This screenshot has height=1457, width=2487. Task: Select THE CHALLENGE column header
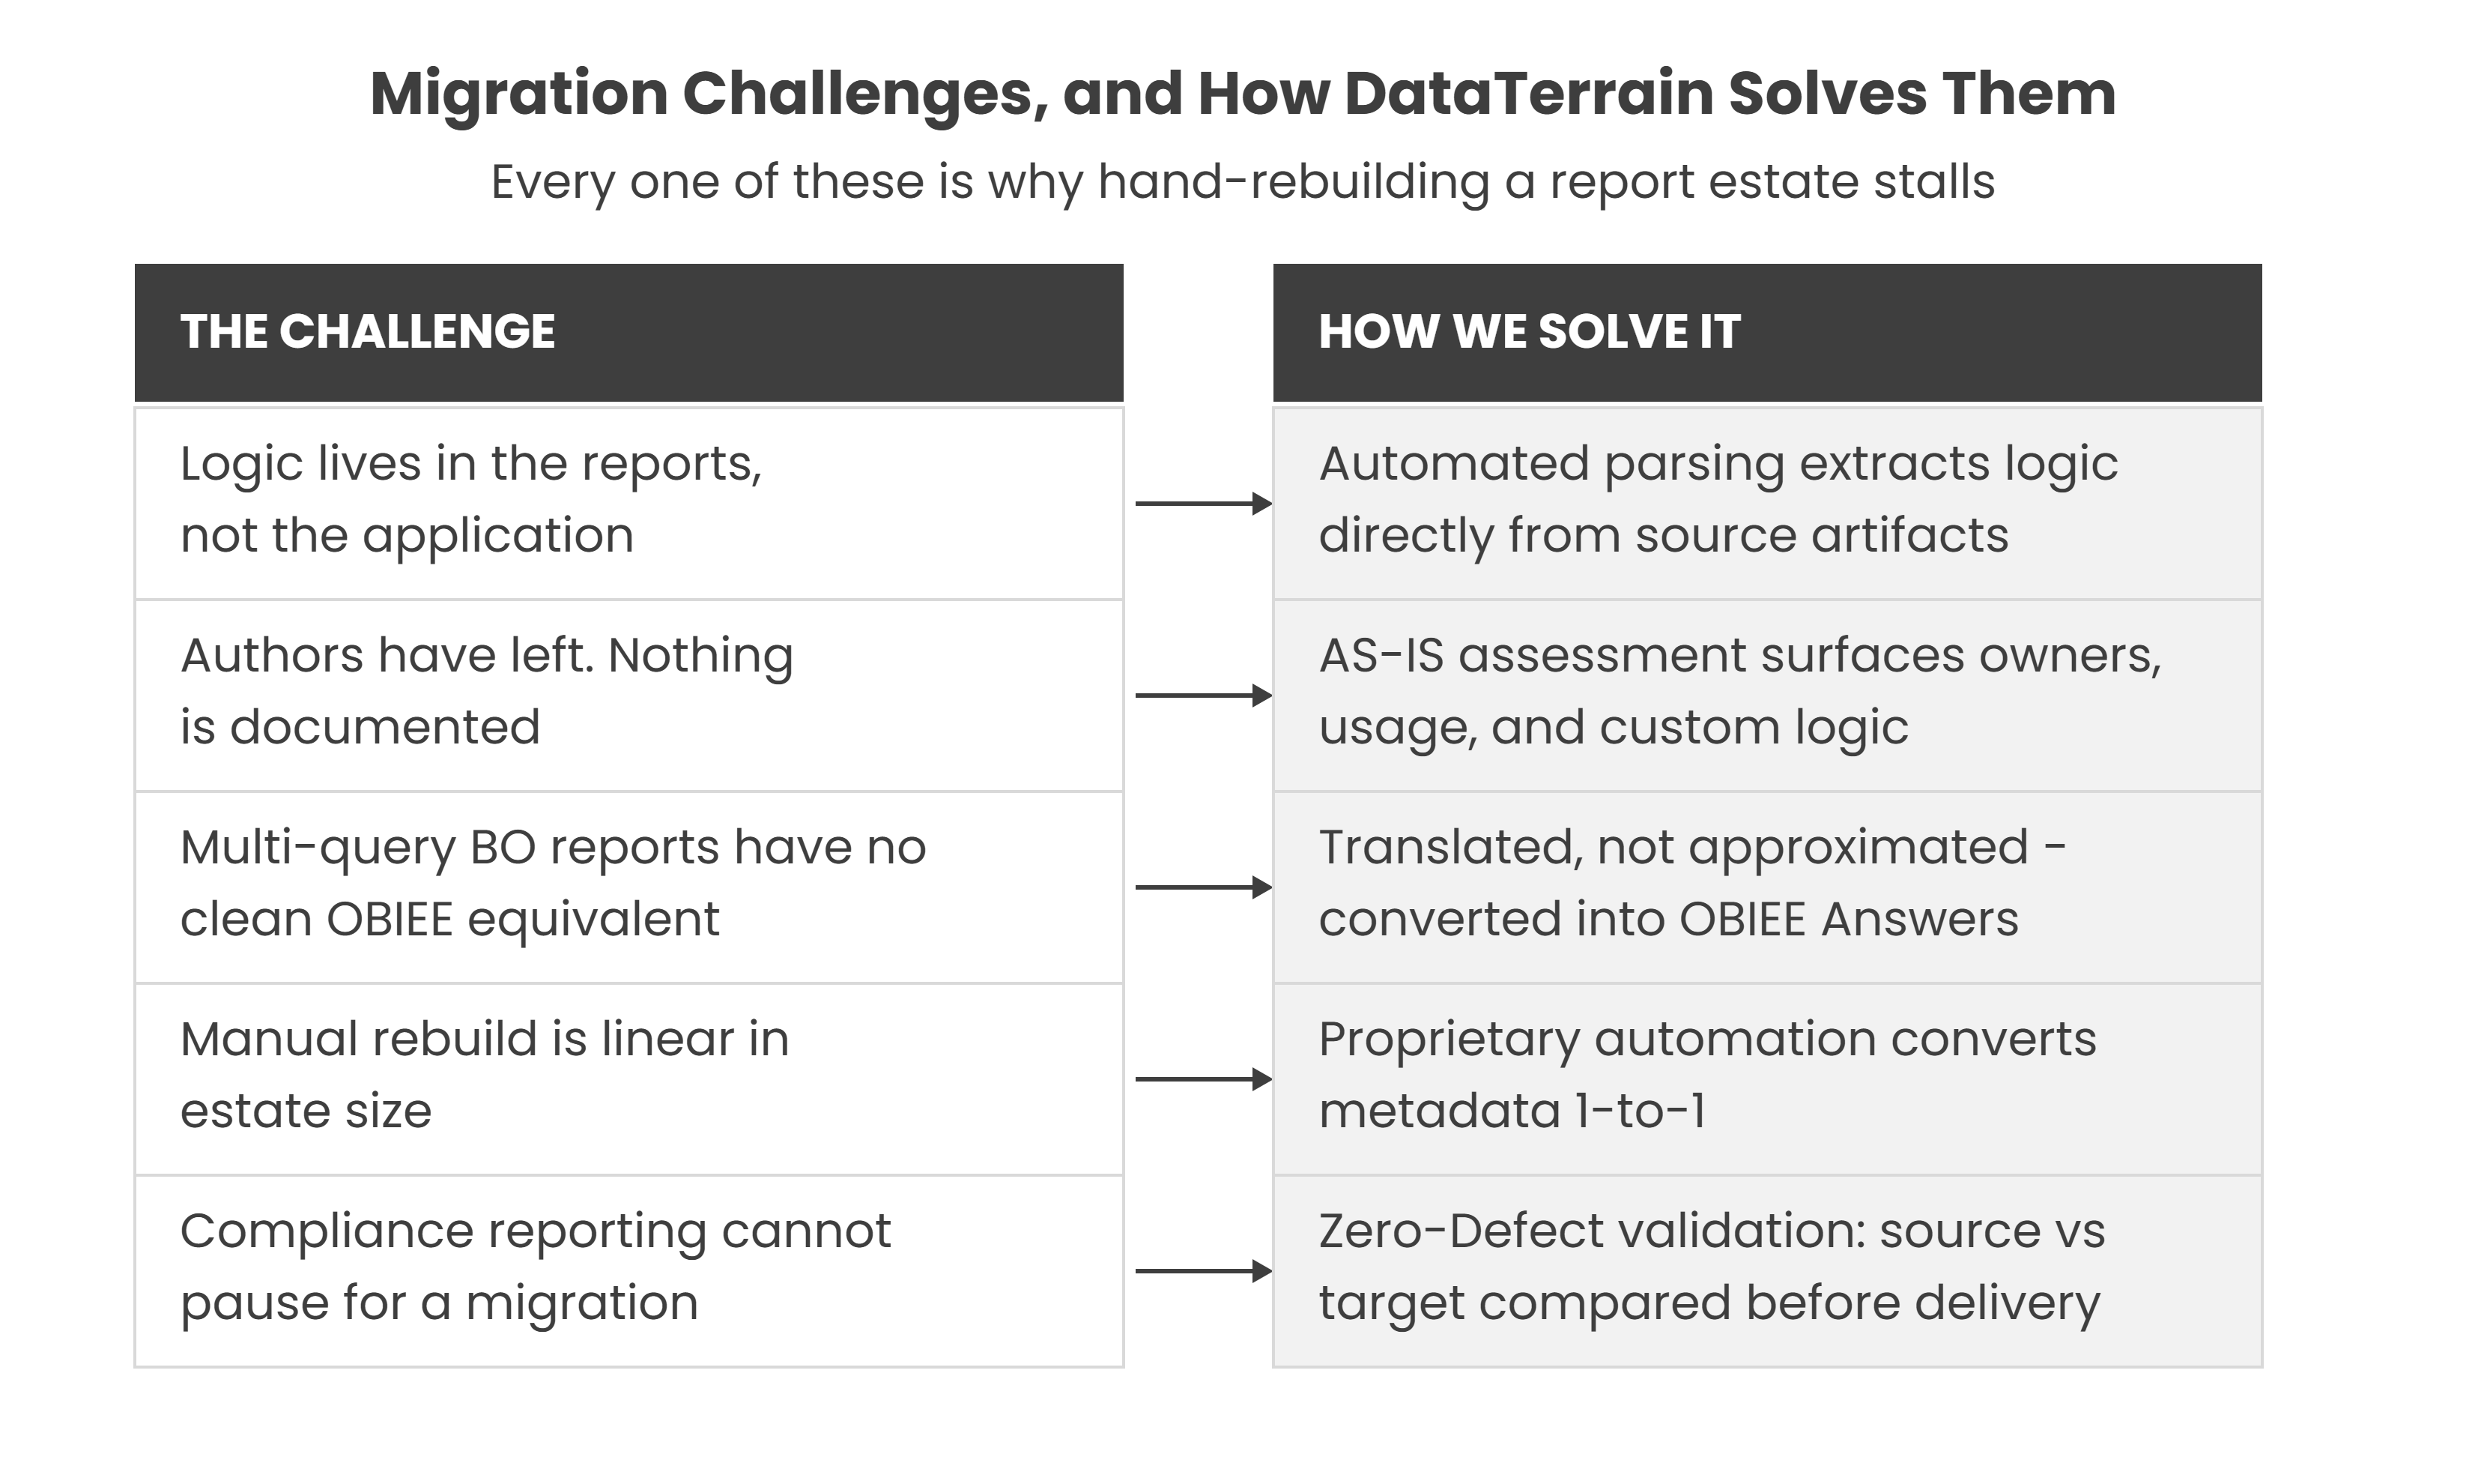tap(628, 333)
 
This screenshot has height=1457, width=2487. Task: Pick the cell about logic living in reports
tap(628, 504)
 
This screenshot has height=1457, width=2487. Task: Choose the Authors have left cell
tap(628, 695)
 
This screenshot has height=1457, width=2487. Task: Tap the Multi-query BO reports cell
tap(628, 887)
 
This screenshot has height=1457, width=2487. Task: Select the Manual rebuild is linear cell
tap(628, 1079)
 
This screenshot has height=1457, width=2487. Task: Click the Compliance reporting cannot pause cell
tap(628, 1270)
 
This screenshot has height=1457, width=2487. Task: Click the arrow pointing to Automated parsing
tap(1204, 504)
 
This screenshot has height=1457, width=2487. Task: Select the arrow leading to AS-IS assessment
tap(1204, 695)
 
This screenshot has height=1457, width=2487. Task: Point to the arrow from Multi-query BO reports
tap(1204, 887)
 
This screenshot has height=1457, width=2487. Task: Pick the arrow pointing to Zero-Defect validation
tap(1204, 1270)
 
